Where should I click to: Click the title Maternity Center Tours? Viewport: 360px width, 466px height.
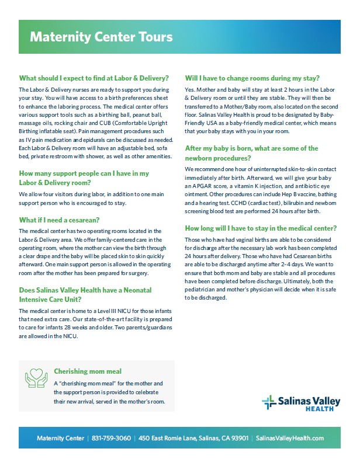tap(101, 37)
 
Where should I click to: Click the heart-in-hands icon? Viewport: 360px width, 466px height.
tap(36, 378)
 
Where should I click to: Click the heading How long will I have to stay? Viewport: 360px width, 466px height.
tap(260, 228)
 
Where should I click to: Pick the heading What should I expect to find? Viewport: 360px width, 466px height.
tap(94, 78)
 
